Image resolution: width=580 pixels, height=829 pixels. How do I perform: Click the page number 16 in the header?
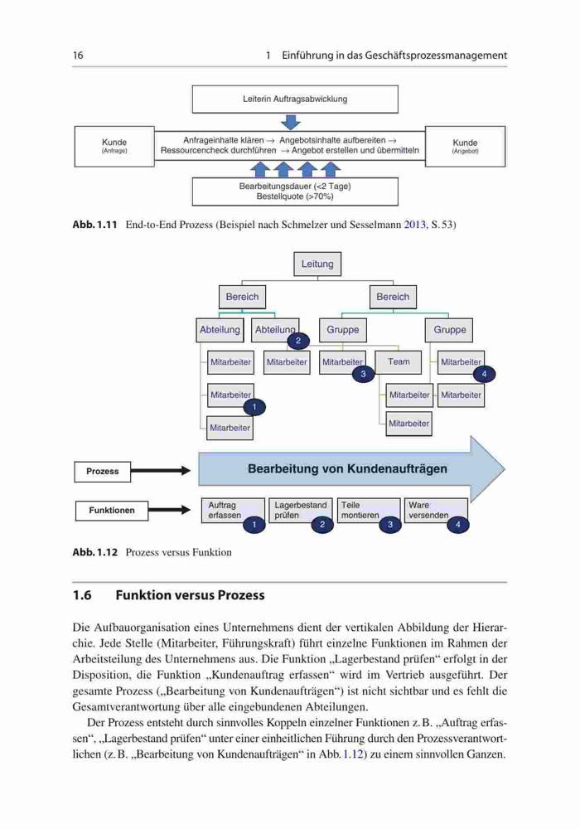pos(78,55)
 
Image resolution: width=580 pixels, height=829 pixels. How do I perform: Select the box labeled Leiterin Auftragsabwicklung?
pos(295,99)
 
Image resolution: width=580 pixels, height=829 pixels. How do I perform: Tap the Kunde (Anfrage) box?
pos(114,146)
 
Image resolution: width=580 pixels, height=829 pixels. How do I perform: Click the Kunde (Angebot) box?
pos(465,146)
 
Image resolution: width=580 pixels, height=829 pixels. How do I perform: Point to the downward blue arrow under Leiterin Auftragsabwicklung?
pos(291,122)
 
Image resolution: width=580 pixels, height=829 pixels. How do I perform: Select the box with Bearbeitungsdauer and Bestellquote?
pos(295,191)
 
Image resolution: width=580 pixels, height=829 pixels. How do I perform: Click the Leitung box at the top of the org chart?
pos(317,264)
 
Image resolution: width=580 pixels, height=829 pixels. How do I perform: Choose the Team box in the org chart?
pos(399,362)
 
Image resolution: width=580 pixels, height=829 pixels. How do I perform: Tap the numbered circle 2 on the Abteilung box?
pos(298,341)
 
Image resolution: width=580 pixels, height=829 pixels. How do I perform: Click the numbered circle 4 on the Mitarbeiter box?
pos(484,375)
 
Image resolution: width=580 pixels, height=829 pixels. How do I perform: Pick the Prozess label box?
pos(103,472)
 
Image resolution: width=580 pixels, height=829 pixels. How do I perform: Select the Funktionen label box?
pos(112,511)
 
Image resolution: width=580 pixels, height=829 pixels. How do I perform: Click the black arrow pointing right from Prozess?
pos(160,471)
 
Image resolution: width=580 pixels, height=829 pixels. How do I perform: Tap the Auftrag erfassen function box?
pos(233,510)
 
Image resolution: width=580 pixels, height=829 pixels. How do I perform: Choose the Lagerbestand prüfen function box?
pos(301,510)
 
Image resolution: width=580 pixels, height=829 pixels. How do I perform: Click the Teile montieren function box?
pos(368,510)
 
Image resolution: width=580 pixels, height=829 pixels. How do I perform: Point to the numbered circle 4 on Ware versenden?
pos(458,525)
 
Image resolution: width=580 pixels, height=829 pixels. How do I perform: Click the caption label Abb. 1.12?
pos(95,552)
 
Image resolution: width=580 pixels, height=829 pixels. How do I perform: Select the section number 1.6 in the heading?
pos(82,595)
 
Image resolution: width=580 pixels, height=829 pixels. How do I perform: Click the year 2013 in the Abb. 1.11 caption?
pos(415,225)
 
